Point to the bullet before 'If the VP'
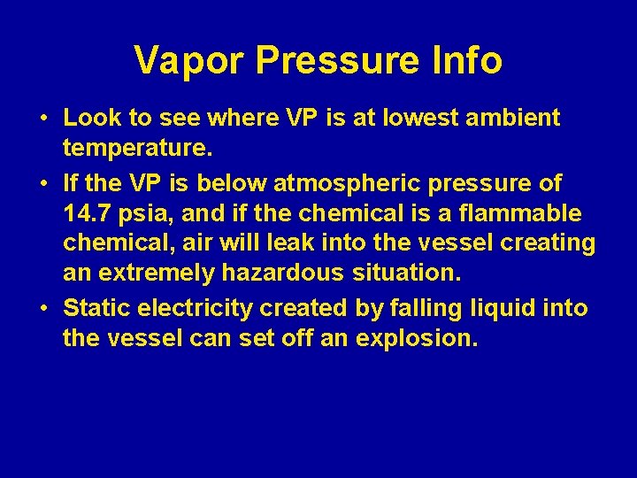click(x=43, y=184)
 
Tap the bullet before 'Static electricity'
click(x=43, y=309)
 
